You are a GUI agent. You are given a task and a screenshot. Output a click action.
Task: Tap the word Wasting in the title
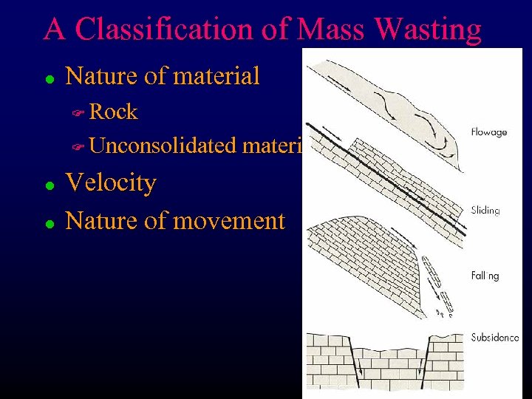429,30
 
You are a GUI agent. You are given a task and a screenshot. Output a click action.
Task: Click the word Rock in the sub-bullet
113,112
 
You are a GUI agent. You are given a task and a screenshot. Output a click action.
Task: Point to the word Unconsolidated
163,146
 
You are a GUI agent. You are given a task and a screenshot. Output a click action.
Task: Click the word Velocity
111,183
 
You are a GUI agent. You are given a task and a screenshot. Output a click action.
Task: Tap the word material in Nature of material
219,75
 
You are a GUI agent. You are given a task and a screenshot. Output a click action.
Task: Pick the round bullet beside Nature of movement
48,222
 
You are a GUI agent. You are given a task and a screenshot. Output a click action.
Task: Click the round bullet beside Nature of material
48,78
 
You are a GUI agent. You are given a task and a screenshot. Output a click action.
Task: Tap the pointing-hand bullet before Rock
78,113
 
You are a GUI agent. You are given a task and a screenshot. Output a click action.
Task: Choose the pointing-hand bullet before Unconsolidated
78,147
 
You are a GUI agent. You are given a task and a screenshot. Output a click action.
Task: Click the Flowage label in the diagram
488,132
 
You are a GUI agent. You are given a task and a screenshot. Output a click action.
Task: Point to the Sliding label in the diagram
485,211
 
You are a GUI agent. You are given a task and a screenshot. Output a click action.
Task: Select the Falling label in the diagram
485,276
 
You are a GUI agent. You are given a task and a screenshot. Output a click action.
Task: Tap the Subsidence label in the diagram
494,338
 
